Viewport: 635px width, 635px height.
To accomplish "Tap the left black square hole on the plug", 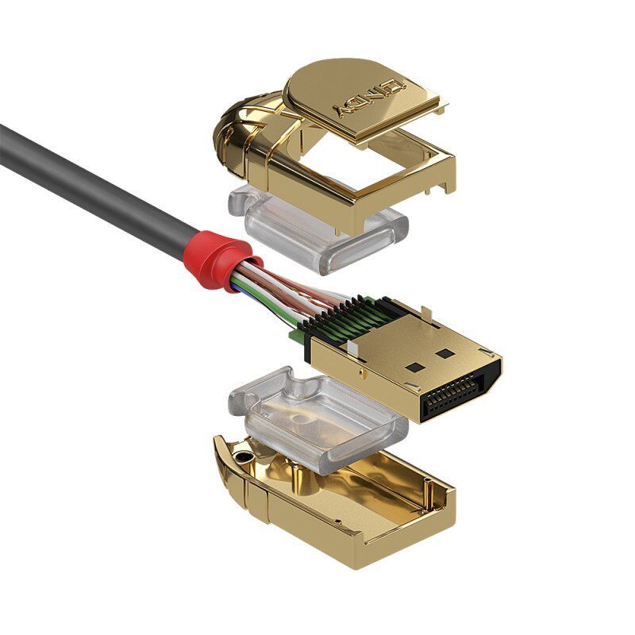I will [414, 368].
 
